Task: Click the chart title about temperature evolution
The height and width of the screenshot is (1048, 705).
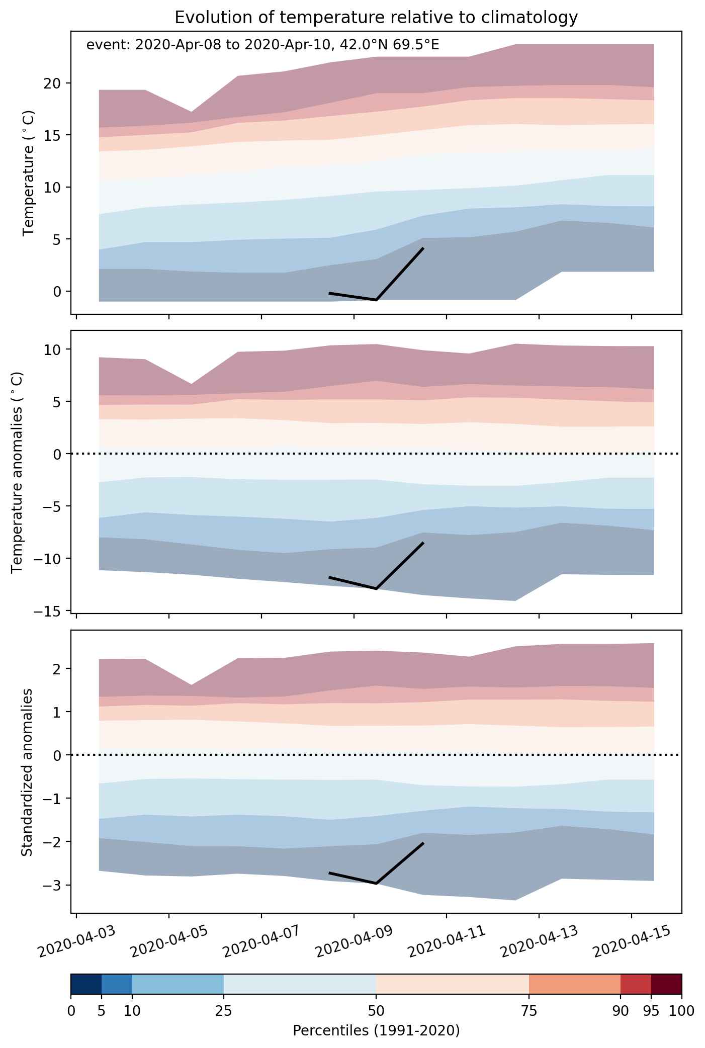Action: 376,18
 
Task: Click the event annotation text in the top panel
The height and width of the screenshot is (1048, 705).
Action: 263,45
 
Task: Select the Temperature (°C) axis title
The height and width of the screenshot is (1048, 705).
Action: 29,172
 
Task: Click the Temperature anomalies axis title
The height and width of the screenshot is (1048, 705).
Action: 18,472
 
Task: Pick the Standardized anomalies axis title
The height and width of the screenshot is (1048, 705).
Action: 27,772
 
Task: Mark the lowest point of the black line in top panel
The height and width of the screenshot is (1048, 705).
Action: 376,300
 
